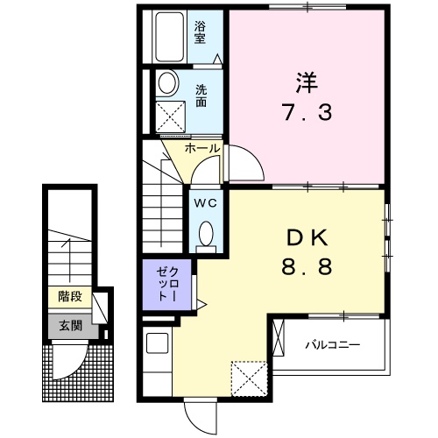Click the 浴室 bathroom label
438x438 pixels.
201,32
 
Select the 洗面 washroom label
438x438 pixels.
201,95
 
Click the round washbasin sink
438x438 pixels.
167,84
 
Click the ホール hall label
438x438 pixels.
202,149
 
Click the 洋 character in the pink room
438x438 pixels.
306,83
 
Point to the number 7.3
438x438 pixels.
307,114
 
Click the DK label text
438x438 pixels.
306,237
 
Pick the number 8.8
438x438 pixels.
306,267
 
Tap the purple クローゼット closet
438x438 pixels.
164,286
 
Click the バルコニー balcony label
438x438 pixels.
332,344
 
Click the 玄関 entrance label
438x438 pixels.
70,325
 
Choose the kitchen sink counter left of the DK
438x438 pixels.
156,361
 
